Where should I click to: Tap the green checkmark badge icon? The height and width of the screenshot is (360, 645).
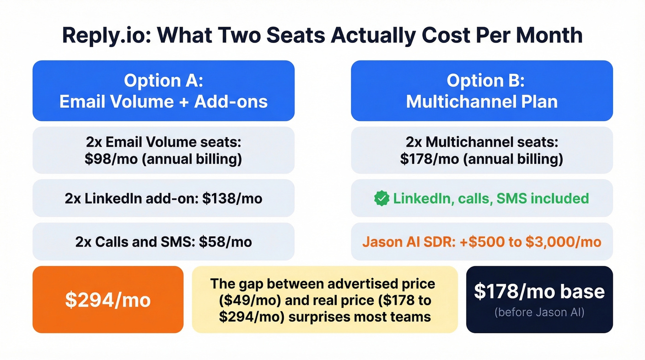point(381,198)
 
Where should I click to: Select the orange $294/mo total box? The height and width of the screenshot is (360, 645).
point(108,300)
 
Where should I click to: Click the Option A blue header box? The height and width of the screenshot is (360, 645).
point(164,90)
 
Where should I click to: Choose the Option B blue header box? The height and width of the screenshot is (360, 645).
point(481,90)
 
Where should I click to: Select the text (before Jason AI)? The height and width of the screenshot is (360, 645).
point(539,313)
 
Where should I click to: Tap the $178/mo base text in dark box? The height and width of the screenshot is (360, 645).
point(539,291)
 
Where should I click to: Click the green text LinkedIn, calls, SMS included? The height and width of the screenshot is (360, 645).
point(491,198)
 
